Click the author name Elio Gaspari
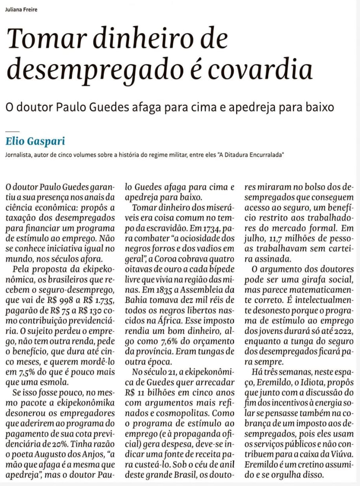coord(35,141)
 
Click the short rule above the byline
coord(12,131)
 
